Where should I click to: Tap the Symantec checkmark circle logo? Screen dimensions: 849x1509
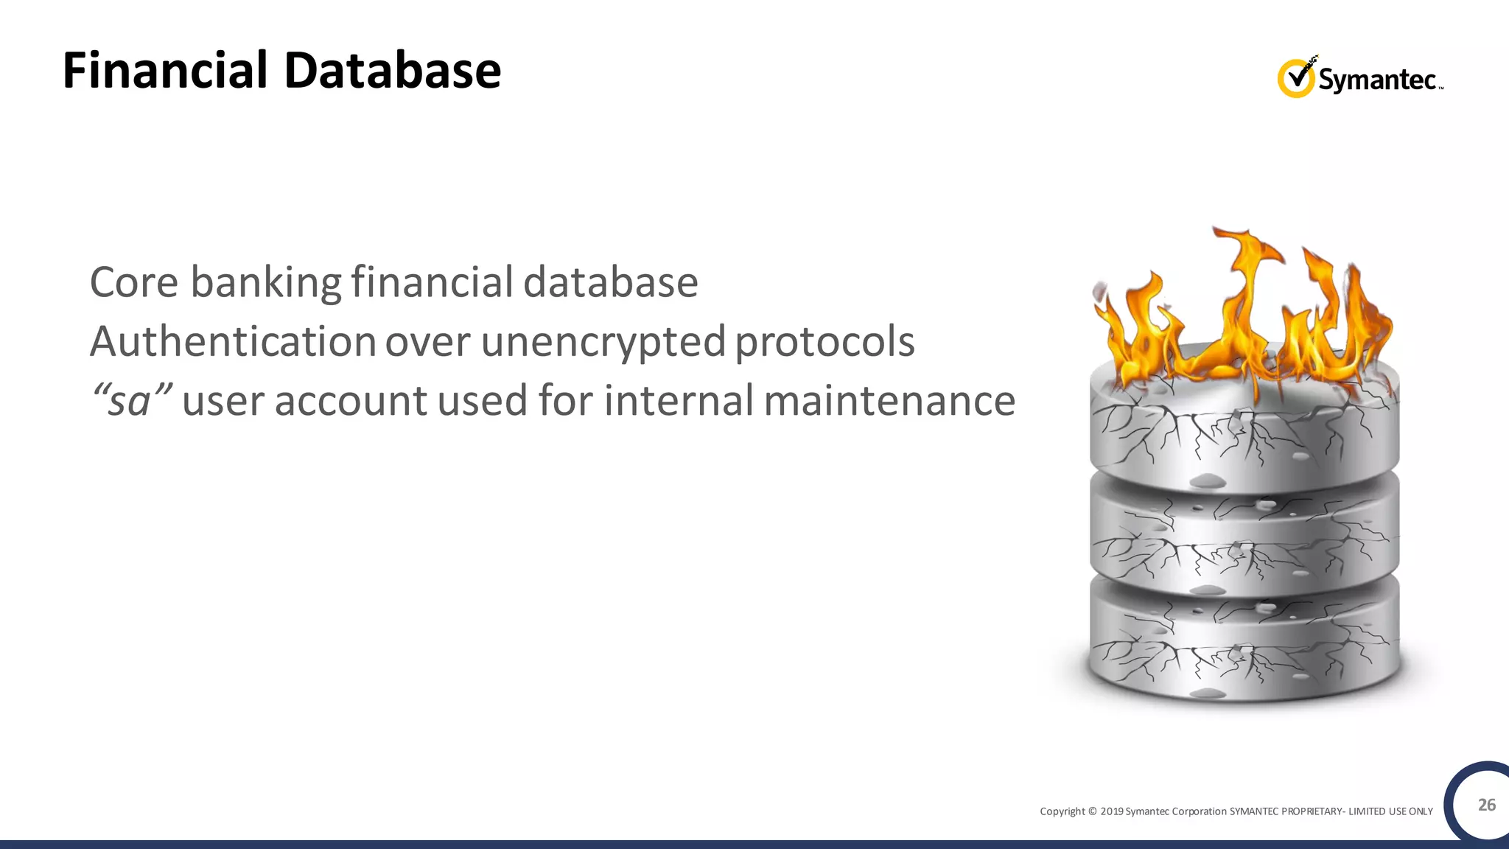1295,78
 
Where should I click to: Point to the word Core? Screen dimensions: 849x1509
133,282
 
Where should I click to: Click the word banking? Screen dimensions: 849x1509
265,284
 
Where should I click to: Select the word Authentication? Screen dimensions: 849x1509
233,342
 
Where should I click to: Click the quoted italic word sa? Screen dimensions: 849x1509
130,402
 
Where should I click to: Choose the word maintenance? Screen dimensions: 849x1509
889,402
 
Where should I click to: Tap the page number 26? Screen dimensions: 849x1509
1487,805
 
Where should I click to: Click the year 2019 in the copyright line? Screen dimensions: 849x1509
1112,811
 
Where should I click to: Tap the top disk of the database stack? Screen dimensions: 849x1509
1244,427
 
